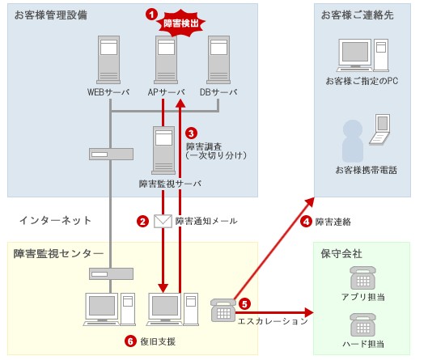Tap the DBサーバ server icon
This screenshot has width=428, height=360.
(218, 60)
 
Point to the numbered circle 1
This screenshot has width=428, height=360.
(150, 14)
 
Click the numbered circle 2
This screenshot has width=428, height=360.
(142, 220)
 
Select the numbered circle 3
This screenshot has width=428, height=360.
(191, 132)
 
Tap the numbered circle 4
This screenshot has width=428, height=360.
(306, 221)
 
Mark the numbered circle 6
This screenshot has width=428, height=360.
(130, 341)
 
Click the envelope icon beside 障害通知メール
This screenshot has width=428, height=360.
(163, 220)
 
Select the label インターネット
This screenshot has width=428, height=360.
(55, 220)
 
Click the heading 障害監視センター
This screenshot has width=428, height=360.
(57, 254)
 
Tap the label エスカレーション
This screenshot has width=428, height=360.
(273, 321)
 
